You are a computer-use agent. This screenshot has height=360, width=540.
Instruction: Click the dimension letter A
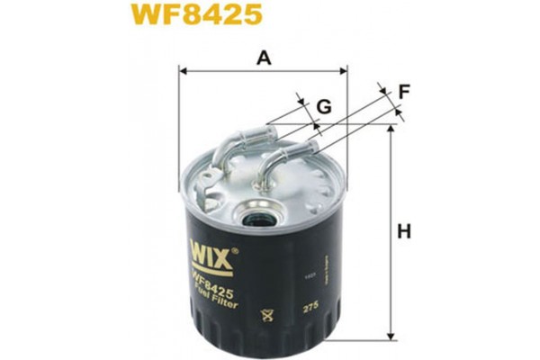(x=264, y=59)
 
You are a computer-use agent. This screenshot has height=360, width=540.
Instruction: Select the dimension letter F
(x=404, y=91)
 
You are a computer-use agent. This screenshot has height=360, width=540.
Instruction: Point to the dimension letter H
(x=404, y=232)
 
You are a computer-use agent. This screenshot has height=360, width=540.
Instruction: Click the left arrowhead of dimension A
(x=183, y=69)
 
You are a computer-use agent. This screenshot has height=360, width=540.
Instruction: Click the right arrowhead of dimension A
(x=344, y=69)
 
